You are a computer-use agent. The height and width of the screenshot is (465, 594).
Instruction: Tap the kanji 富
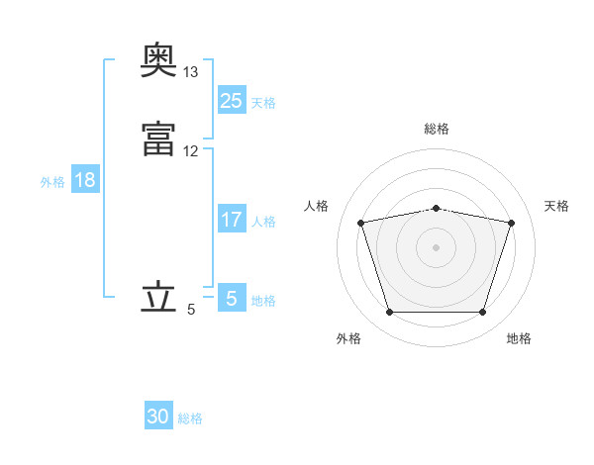[x=158, y=138]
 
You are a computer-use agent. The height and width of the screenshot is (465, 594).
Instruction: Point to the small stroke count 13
[x=191, y=72]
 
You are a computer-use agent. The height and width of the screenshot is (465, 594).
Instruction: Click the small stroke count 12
[x=191, y=151]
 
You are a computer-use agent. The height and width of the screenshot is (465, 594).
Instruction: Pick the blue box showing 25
[x=231, y=100]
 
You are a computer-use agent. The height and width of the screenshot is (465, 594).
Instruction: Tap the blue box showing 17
[x=231, y=220]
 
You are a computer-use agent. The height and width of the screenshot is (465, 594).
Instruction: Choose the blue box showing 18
[x=84, y=180]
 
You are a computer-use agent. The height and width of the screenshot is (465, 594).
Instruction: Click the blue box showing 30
[x=158, y=417]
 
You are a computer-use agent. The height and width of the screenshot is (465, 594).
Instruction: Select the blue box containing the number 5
[x=231, y=298]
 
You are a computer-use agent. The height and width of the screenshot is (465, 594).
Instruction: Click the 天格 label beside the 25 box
[x=263, y=102]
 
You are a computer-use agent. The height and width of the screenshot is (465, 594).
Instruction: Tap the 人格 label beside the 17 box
[x=263, y=222]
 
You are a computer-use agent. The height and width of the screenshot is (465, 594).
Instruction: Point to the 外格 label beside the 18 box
[x=51, y=182]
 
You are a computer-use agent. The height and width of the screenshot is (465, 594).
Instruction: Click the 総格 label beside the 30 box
[x=190, y=418]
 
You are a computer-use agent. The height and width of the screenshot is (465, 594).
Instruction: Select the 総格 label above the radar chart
[x=436, y=129]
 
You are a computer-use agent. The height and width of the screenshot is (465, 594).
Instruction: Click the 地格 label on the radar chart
[x=519, y=338]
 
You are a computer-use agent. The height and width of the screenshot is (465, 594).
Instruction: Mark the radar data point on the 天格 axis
[x=511, y=223]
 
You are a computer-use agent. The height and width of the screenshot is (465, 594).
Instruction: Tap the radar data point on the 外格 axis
[x=389, y=313]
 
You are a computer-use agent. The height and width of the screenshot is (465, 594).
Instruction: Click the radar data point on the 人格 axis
[x=360, y=223]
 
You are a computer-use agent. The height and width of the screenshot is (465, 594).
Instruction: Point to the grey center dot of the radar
[x=436, y=246]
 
